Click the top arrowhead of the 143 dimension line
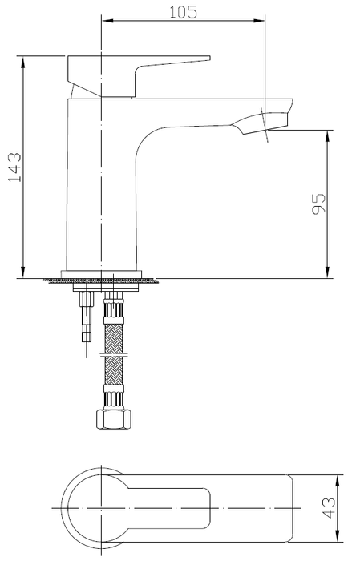(x=22, y=61)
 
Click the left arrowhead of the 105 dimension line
(x=105, y=20)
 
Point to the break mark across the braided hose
(x=112, y=353)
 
